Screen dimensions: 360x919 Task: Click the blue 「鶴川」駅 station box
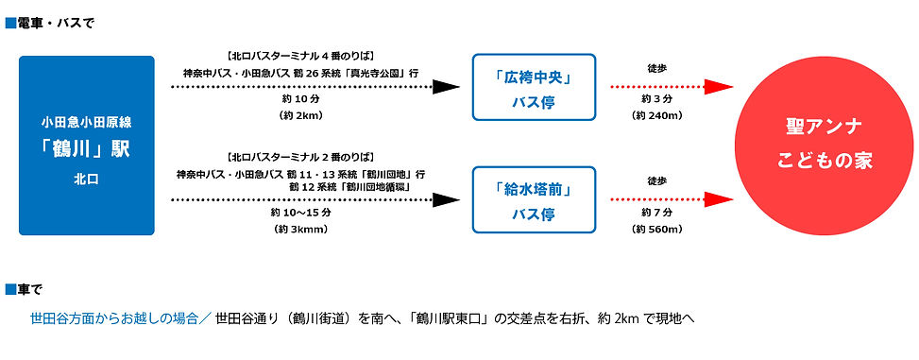[86, 146]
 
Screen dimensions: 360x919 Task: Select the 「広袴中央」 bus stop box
[534, 87]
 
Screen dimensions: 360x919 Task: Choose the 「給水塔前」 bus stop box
[534, 199]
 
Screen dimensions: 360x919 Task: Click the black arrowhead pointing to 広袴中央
[446, 87]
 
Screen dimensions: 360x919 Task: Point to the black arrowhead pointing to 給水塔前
[446, 199]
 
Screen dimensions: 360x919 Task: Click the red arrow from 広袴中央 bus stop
[672, 87]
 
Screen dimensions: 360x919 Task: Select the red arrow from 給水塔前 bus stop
[672, 199]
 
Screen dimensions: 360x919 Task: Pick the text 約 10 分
[301, 99]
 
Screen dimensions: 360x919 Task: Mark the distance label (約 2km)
[301, 115]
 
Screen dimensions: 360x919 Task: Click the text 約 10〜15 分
[301, 213]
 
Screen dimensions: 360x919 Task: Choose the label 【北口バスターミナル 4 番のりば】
[301, 55]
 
